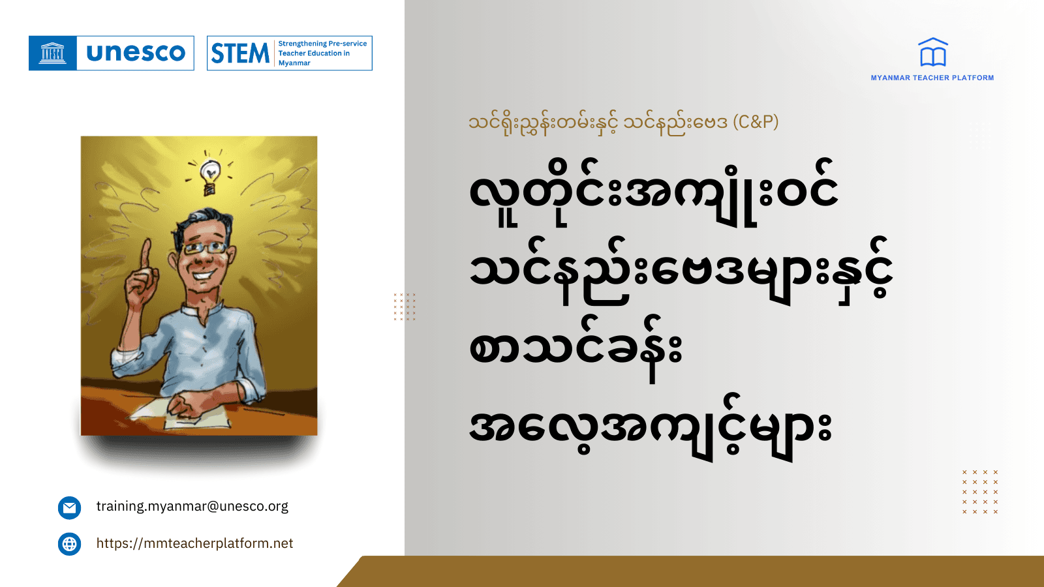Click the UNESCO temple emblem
(x=53, y=53)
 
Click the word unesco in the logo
(x=136, y=53)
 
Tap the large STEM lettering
(x=240, y=53)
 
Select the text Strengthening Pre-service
(x=322, y=44)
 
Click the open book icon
(x=933, y=53)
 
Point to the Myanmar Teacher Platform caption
(x=932, y=78)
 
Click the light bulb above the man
(x=209, y=175)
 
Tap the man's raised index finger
(x=146, y=251)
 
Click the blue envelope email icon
(x=69, y=507)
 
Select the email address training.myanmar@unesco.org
(x=192, y=506)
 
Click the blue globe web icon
(x=69, y=544)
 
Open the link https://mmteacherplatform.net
(x=195, y=543)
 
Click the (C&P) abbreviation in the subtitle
(x=756, y=122)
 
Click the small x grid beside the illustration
(x=405, y=307)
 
